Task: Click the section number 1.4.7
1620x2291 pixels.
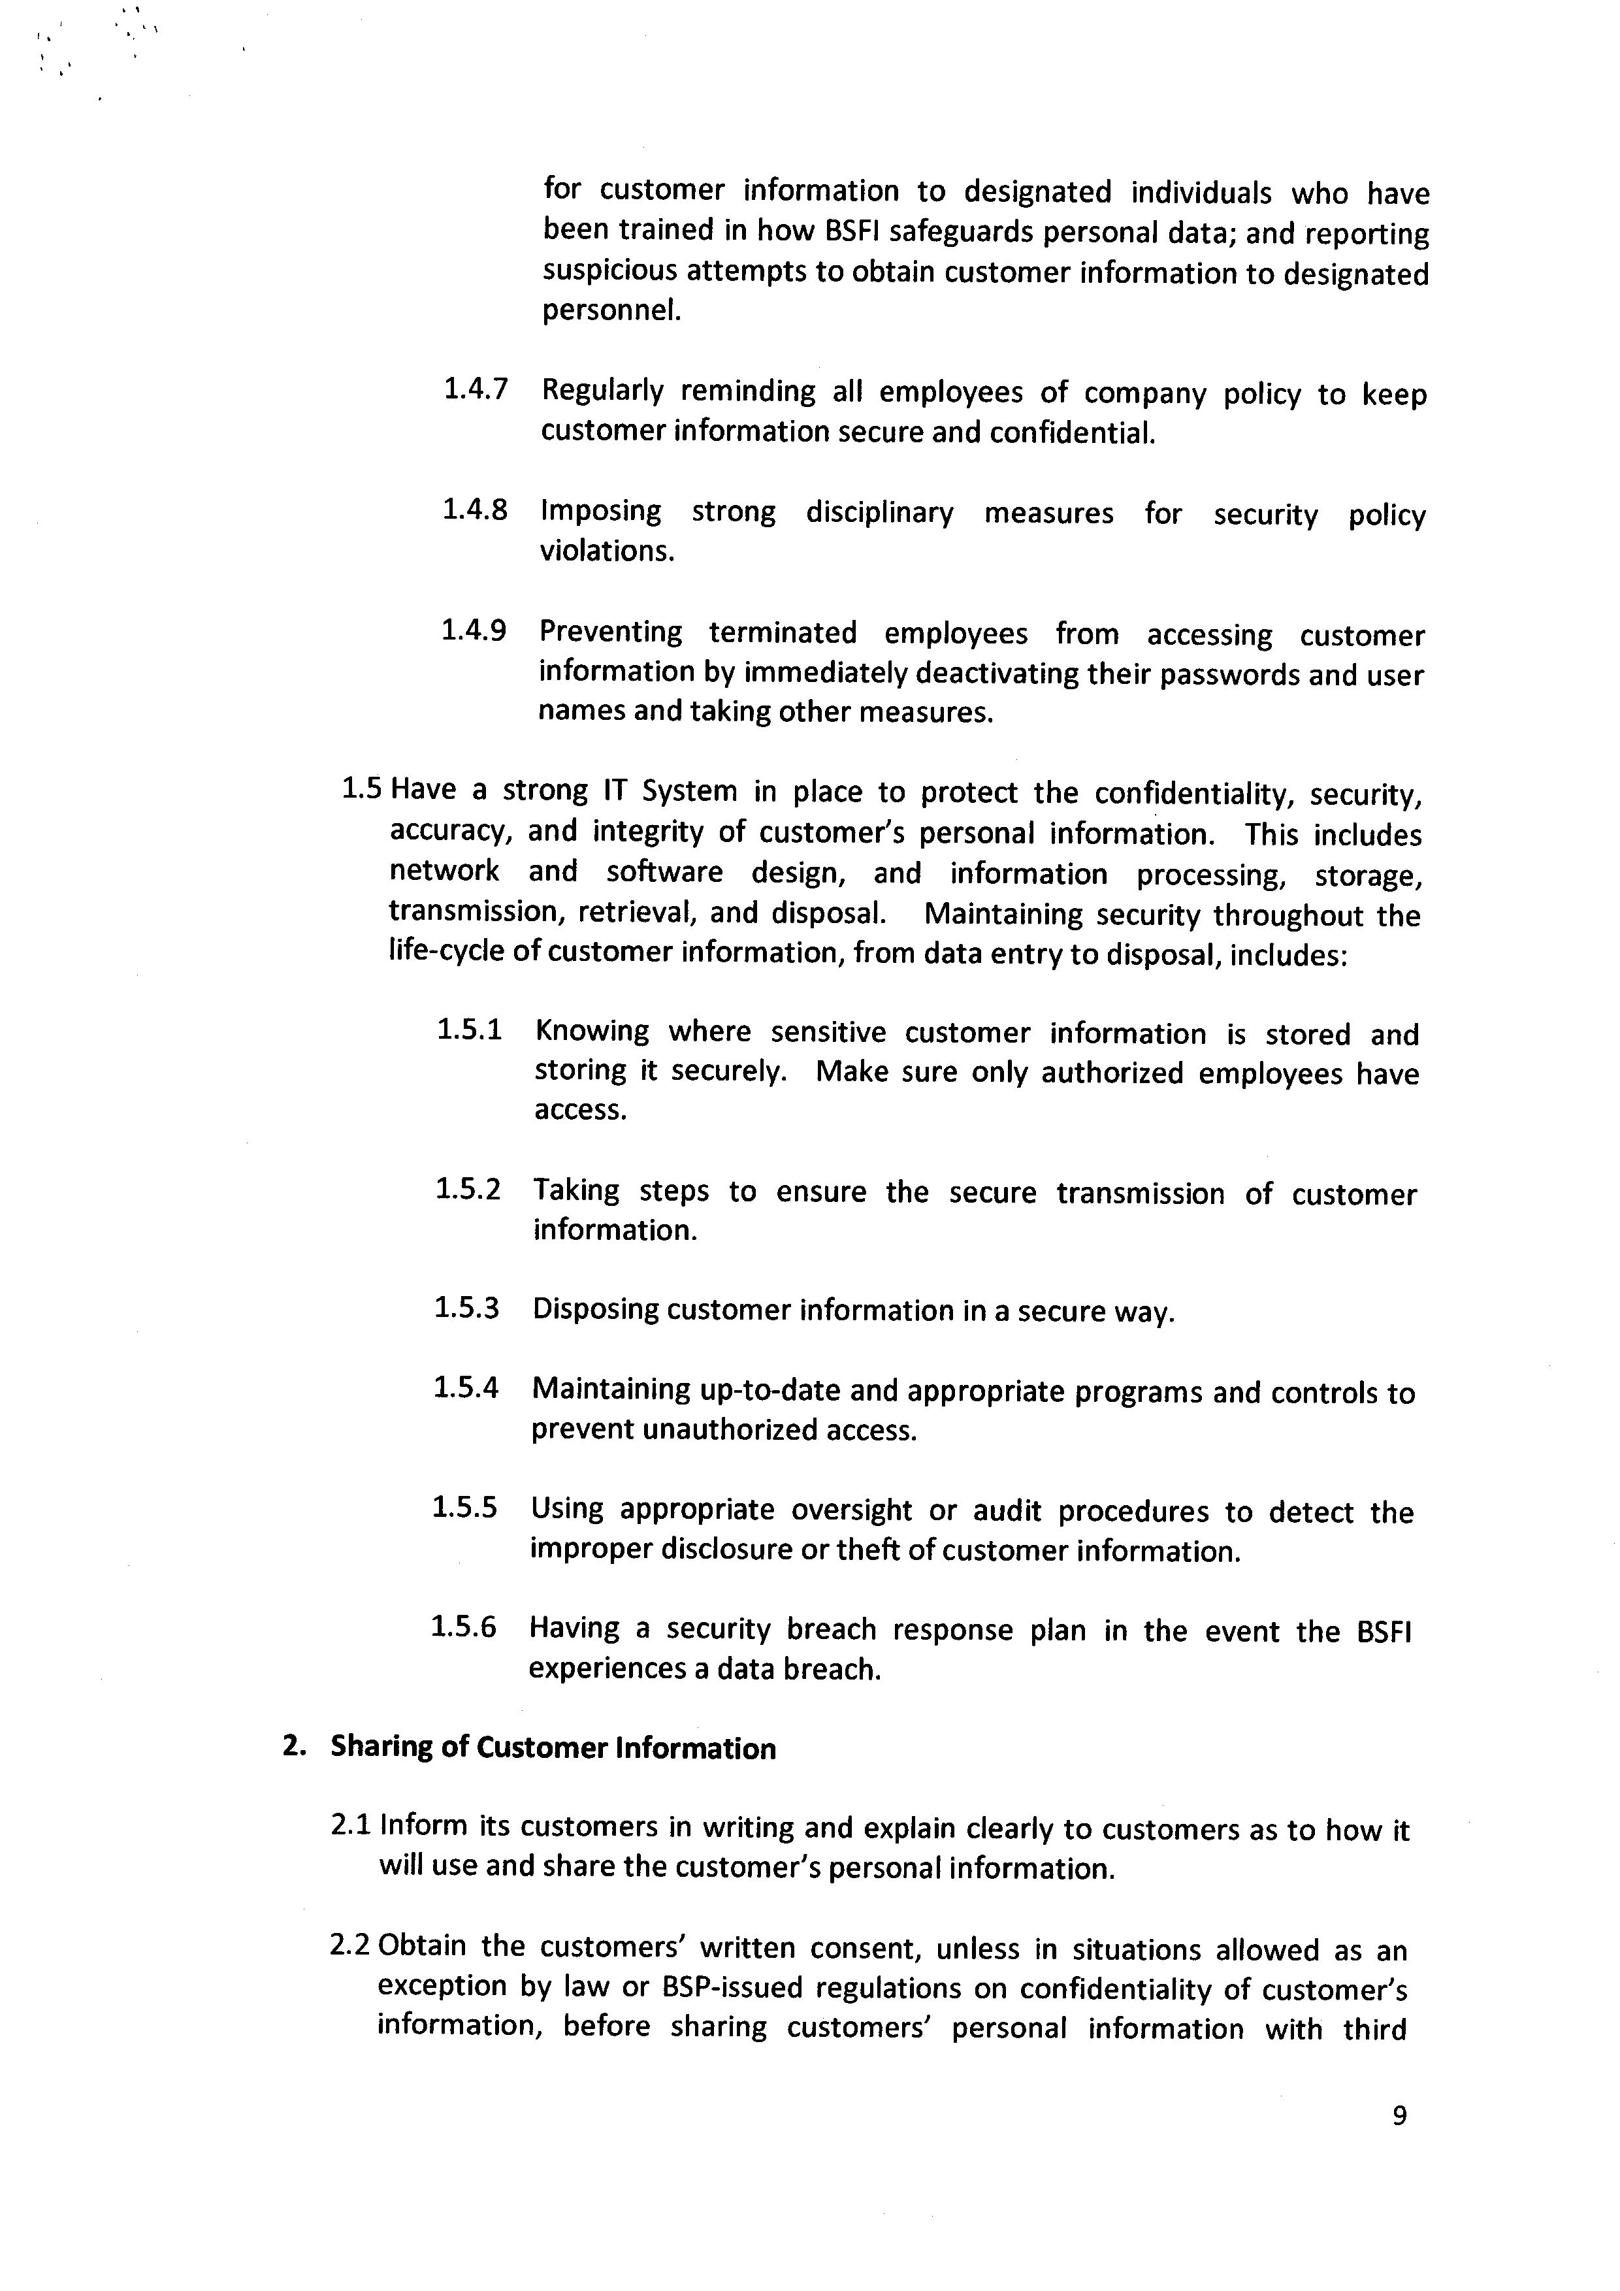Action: pos(475,389)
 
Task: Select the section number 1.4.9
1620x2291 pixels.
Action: pos(473,630)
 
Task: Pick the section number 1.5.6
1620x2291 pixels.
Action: pos(463,1627)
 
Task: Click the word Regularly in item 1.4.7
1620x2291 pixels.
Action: pos(602,391)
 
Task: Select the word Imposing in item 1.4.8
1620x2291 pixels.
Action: pos(600,511)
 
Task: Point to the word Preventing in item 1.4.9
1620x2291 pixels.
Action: pos(611,632)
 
